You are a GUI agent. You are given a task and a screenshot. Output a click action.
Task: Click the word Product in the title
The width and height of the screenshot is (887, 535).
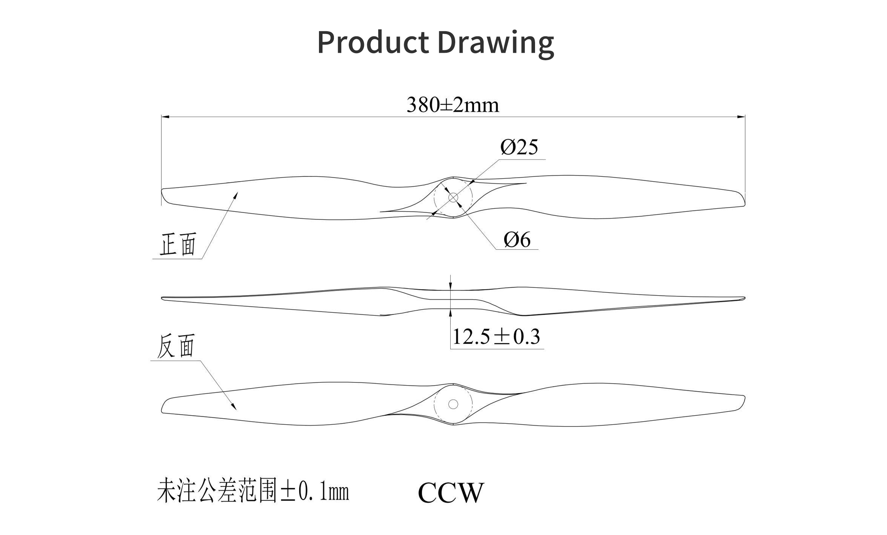pos(373,42)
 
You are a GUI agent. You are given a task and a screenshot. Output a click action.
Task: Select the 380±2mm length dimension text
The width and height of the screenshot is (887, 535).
pos(452,105)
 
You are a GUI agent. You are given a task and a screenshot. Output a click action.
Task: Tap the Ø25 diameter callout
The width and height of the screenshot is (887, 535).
pos(519,147)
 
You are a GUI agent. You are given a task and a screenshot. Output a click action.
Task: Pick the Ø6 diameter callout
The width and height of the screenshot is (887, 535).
pos(517,240)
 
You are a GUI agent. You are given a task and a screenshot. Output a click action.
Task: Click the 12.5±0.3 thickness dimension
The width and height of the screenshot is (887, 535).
pos(496,337)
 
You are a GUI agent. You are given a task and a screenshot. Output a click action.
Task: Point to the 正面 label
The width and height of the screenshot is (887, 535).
pos(178,244)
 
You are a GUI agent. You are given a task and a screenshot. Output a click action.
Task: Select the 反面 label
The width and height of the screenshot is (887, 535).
pos(176,346)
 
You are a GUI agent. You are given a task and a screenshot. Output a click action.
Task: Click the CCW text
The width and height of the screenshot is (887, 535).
pos(451,493)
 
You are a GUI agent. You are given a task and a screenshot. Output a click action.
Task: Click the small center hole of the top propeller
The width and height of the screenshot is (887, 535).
pos(453,197)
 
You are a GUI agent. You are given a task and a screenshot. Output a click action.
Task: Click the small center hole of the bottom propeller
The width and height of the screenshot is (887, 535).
pos(453,404)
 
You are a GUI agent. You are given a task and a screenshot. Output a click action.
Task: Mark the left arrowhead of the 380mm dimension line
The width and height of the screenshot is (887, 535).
pos(165,117)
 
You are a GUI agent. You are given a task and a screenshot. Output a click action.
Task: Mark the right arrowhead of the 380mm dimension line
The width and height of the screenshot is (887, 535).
pos(741,117)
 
